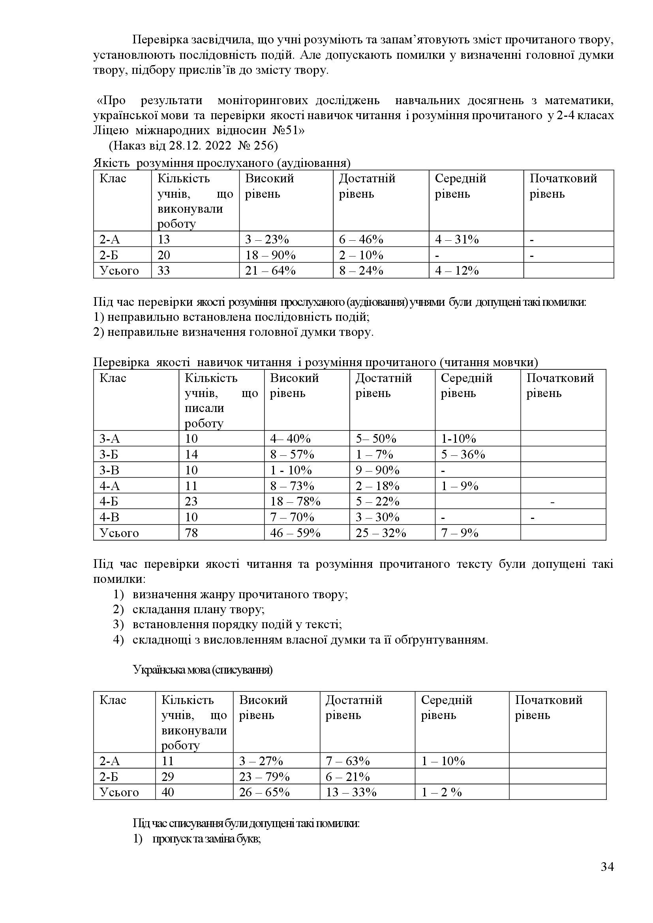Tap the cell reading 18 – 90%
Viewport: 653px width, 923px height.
pos(270,255)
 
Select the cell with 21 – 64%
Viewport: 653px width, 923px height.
pos(270,271)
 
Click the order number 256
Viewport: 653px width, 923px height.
pos(263,146)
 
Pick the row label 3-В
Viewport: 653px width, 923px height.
pos(109,470)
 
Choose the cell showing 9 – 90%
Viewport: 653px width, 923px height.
pos(377,470)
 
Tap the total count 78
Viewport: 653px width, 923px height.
pos(191,533)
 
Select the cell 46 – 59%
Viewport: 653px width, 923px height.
pos(295,533)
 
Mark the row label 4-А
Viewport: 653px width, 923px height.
pos(110,486)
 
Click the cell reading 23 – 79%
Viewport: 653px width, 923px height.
pos(264,777)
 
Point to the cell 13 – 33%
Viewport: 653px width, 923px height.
pos(351,792)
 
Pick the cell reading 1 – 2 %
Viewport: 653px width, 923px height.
pos(441,792)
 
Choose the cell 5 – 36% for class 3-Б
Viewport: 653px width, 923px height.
pos(463,454)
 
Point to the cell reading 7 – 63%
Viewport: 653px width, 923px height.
pos(347,761)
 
